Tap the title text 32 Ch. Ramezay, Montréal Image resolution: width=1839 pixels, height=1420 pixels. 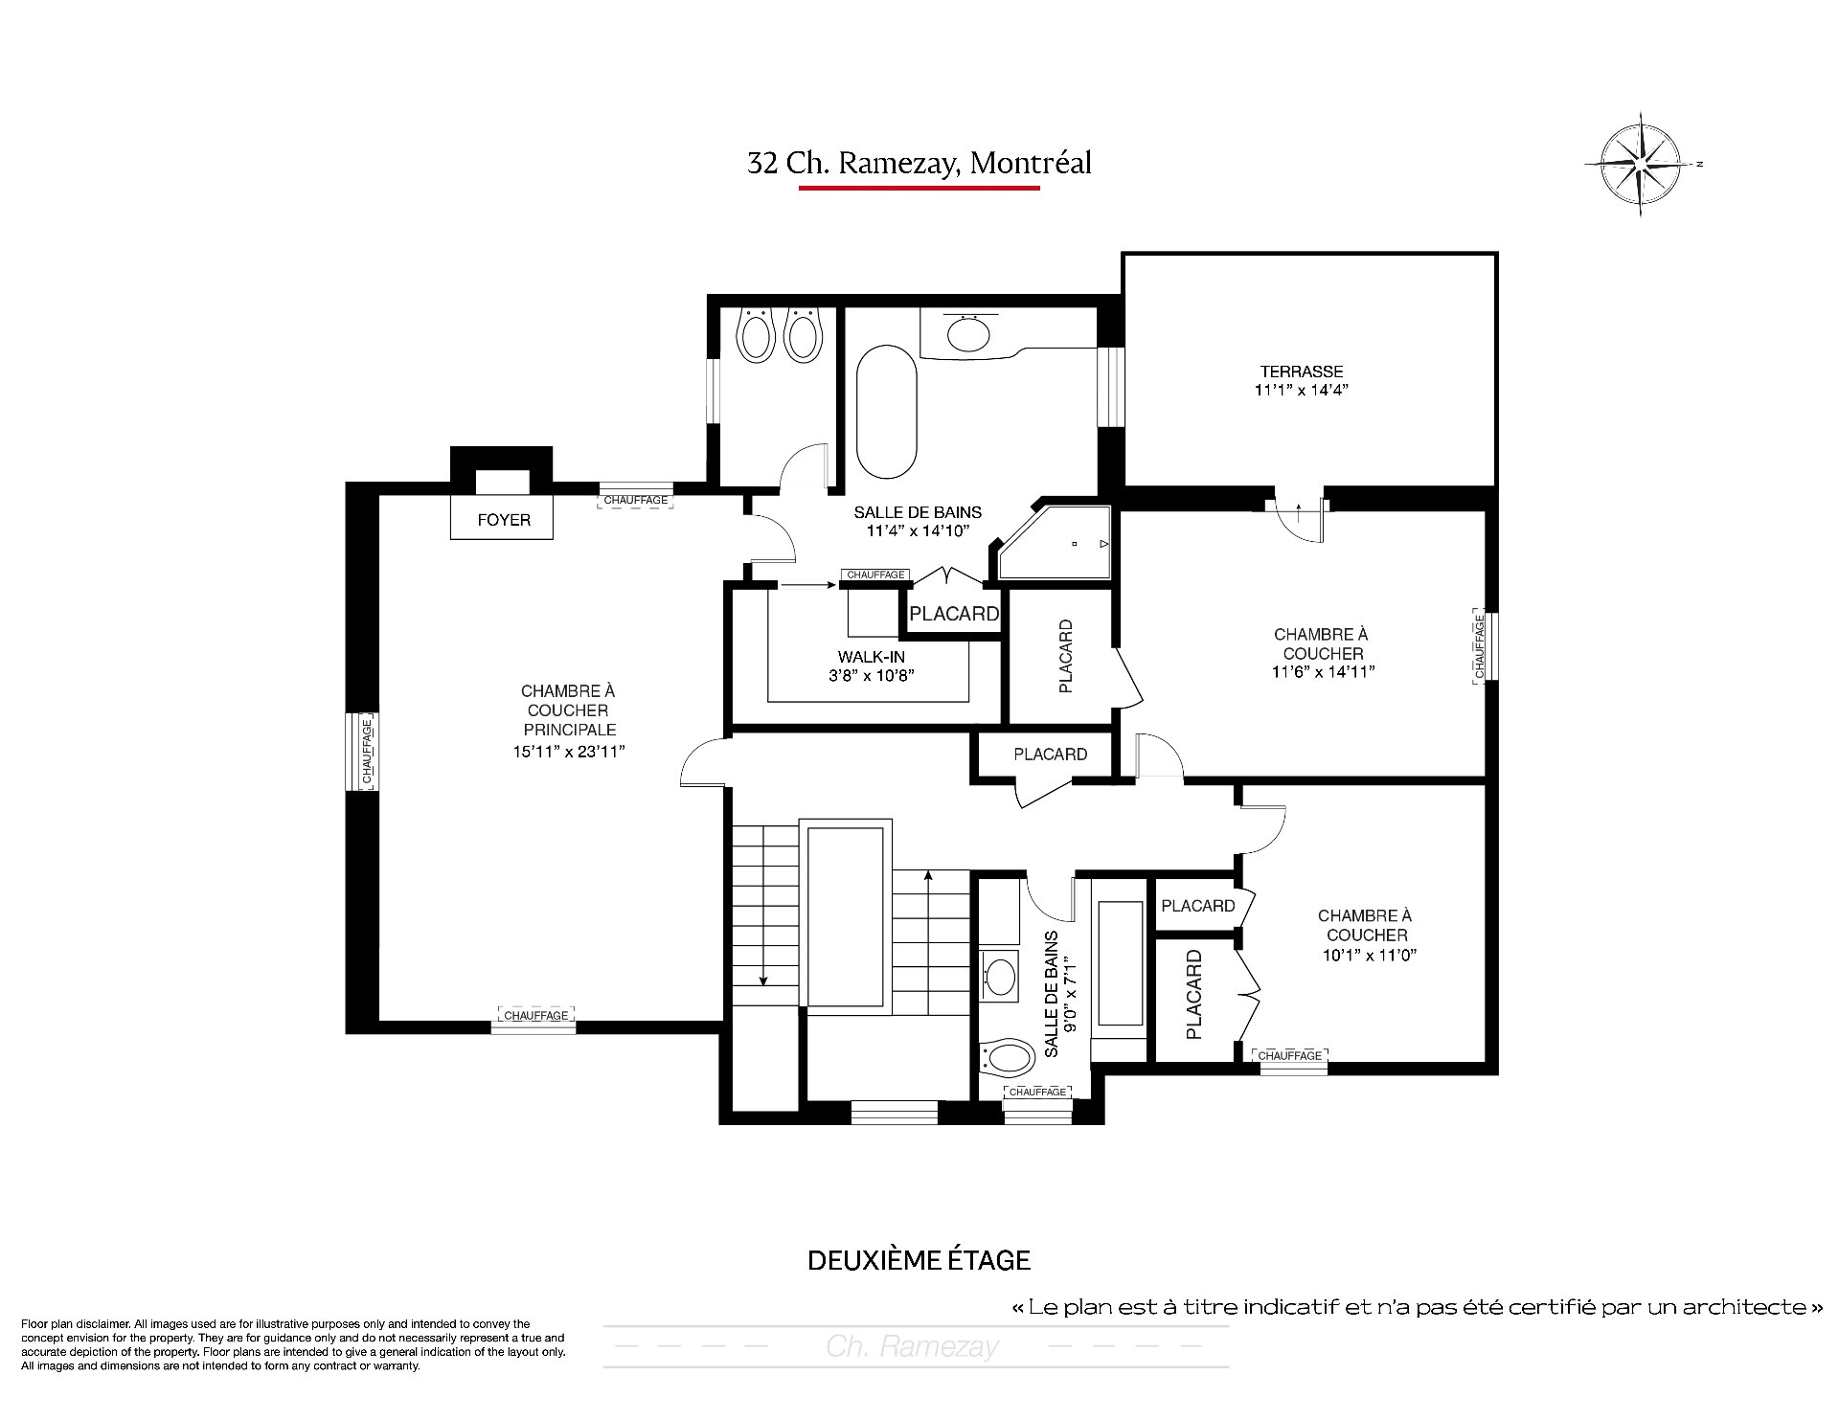tap(919, 163)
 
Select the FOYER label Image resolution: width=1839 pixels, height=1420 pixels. tap(504, 520)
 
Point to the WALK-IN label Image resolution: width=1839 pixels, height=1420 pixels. tap(872, 657)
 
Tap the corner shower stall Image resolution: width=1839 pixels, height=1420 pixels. tap(1055, 543)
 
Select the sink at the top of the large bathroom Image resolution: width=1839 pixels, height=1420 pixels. tap(972, 334)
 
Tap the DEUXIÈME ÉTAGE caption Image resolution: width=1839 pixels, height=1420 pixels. tap(919, 1260)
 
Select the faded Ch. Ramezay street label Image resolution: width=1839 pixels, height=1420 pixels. tap(913, 1347)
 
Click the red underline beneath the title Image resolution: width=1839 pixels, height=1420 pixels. tap(919, 188)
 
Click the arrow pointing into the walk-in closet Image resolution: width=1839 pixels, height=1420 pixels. tap(808, 583)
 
